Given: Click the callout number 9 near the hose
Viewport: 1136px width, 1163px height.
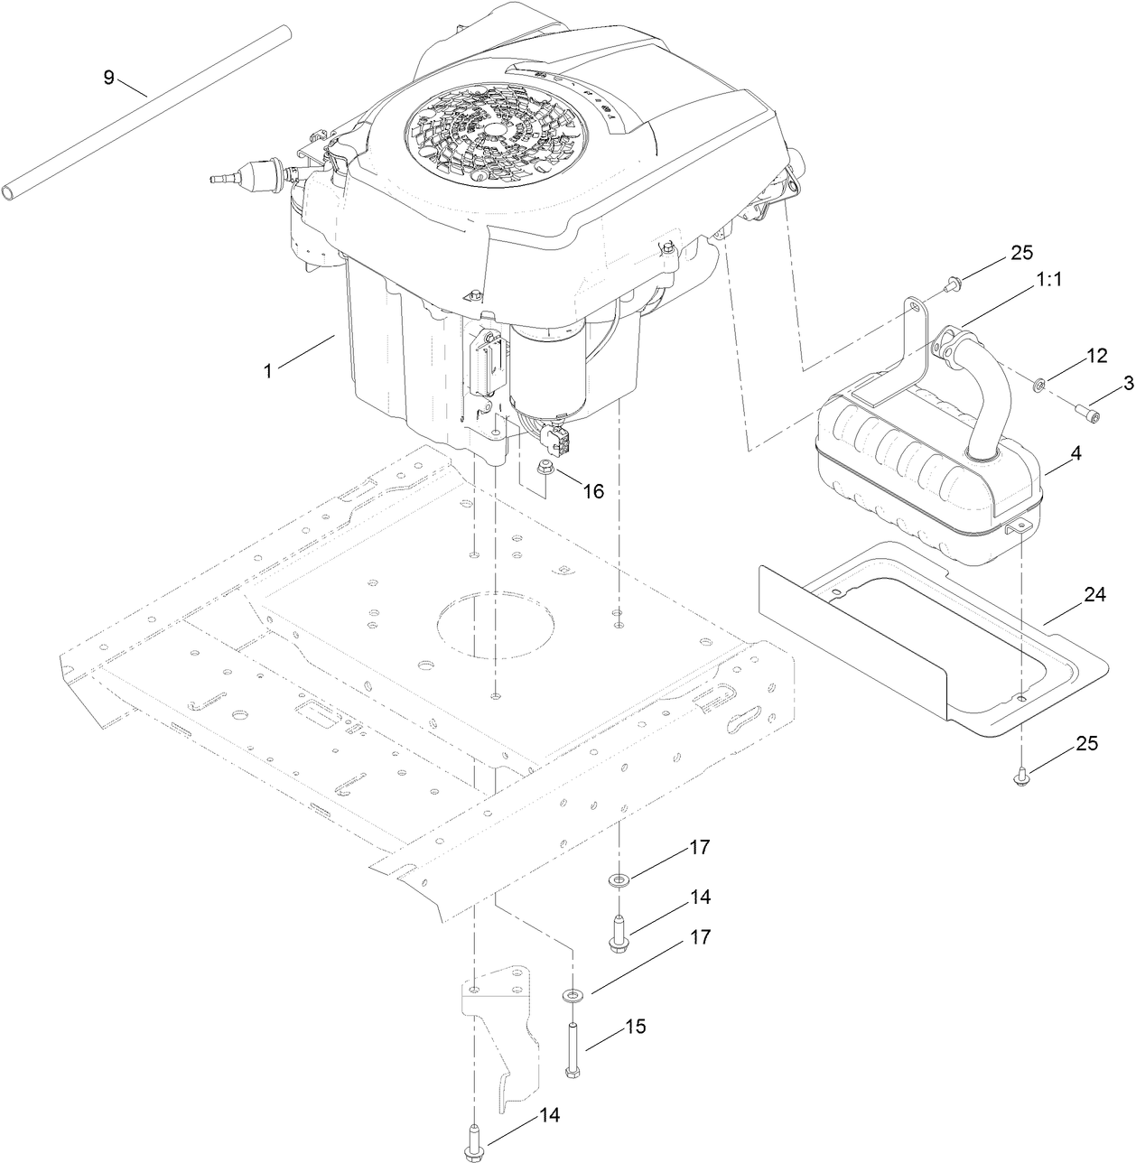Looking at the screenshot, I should (108, 77).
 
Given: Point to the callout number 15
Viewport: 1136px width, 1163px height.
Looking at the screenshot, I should (636, 1028).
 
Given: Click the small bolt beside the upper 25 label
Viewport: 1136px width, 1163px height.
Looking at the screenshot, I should (952, 285).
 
